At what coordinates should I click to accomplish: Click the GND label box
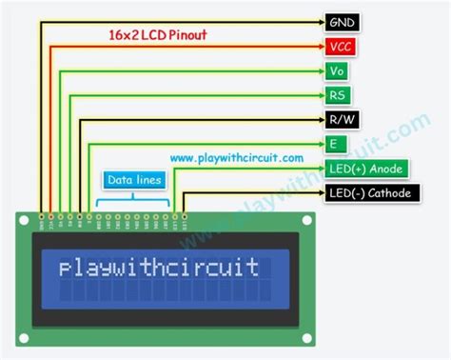(342, 21)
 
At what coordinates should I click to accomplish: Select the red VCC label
(340, 46)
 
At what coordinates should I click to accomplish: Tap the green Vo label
(336, 70)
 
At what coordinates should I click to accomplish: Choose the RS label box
(337, 95)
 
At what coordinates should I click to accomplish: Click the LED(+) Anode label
(367, 169)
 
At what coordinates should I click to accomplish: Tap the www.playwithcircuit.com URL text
(237, 158)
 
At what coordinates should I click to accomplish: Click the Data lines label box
(134, 178)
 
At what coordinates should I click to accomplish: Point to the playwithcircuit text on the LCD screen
(158, 268)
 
